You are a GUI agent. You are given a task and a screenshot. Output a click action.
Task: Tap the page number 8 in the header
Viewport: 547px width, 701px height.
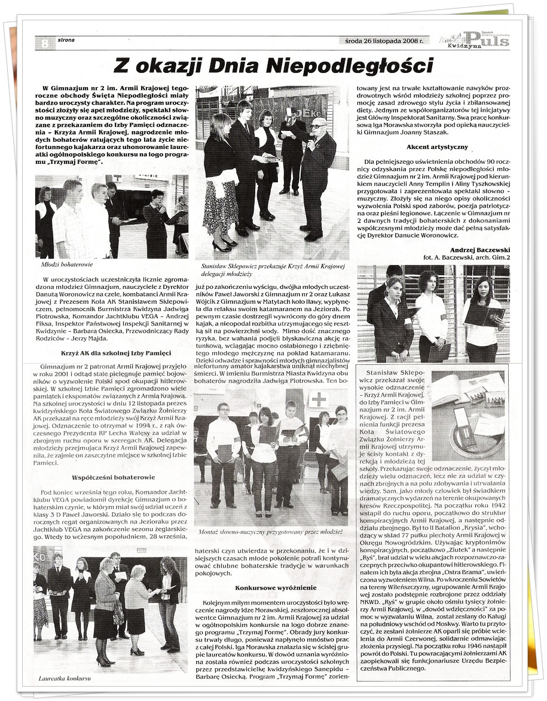click(45, 43)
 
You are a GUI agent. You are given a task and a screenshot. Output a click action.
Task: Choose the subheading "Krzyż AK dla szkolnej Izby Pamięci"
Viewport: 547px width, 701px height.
click(107, 354)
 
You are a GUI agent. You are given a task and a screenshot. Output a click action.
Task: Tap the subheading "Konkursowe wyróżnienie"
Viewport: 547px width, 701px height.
click(271, 587)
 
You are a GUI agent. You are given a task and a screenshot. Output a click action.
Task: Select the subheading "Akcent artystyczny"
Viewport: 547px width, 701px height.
click(437, 147)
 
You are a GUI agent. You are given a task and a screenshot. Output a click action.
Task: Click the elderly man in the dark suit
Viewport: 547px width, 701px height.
click(314, 173)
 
